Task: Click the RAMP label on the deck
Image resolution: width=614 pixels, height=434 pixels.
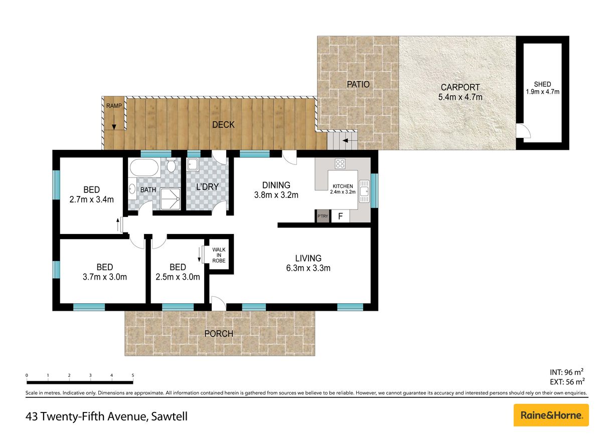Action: (114, 106)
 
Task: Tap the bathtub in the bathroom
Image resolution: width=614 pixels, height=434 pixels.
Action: (144, 167)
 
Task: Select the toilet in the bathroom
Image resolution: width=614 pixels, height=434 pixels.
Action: (172, 165)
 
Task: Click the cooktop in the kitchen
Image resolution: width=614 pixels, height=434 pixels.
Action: (340, 164)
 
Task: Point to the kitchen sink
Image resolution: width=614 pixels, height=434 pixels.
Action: (364, 191)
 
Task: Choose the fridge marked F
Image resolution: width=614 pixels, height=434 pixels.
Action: (341, 216)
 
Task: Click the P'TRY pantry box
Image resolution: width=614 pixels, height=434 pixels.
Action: (323, 216)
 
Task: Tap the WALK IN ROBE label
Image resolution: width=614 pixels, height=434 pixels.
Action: (219, 255)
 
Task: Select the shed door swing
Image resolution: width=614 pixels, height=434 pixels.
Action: (523, 131)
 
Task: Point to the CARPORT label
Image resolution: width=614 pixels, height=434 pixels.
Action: (460, 87)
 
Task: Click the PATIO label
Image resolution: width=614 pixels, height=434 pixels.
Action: (358, 84)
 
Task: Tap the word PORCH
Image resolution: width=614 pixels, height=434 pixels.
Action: (219, 334)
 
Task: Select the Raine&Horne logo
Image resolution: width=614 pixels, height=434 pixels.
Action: (551, 415)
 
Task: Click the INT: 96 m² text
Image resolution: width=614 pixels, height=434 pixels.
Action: (566, 372)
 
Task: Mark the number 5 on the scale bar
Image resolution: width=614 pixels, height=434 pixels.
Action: (132, 375)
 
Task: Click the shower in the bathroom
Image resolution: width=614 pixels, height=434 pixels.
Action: (170, 198)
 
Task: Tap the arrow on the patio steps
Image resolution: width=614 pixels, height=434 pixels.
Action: (350, 140)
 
